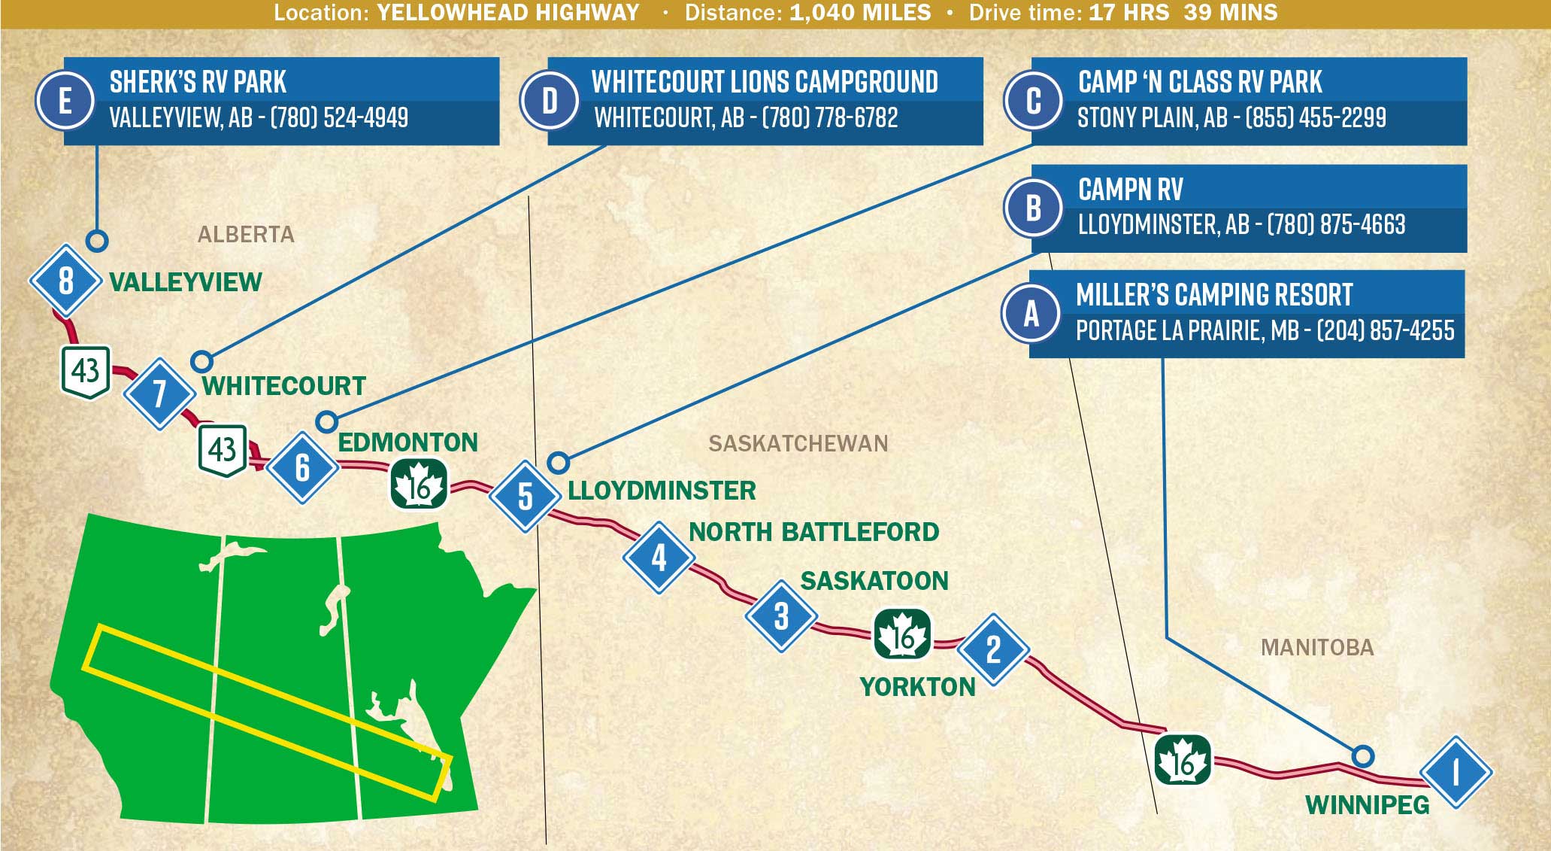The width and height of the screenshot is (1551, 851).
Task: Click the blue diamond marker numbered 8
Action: point(65,281)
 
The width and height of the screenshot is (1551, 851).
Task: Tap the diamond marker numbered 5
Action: point(525,497)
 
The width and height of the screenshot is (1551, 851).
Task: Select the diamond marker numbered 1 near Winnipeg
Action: point(1455,772)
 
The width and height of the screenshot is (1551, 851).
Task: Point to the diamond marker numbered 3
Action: point(781,616)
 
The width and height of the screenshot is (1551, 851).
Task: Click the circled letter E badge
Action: point(65,100)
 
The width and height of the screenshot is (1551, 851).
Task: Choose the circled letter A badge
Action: point(1031,313)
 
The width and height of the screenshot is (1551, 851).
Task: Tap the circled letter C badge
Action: point(1033,100)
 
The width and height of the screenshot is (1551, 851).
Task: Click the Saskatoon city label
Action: point(874,581)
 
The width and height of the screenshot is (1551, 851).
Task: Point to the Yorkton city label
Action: point(917,687)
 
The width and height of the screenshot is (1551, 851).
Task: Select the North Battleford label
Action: point(813,532)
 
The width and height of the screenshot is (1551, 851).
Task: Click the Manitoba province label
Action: point(1316,647)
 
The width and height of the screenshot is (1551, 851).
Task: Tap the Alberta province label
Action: point(246,235)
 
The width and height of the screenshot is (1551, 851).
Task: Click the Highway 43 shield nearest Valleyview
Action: point(86,372)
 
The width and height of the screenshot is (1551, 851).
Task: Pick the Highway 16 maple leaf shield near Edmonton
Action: point(419,485)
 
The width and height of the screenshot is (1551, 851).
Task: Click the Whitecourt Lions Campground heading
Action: point(765,81)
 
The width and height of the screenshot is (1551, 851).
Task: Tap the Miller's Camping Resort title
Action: point(1213,294)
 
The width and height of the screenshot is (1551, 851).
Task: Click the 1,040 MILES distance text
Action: point(860,13)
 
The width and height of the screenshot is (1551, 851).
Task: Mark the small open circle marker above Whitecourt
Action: point(201,362)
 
